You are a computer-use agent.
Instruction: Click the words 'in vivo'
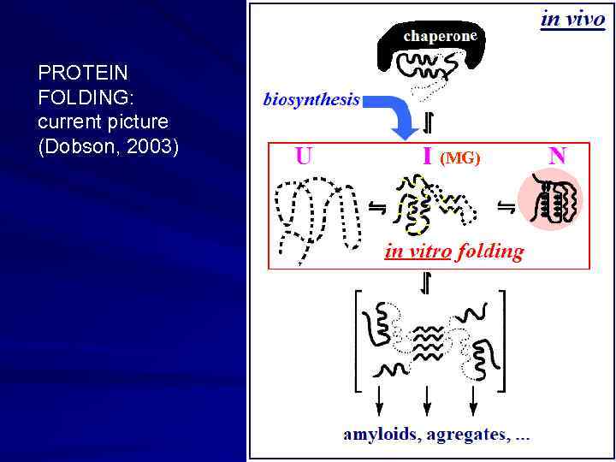(x=572, y=19)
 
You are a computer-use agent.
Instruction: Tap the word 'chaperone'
(x=439, y=36)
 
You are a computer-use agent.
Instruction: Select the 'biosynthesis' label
(x=311, y=99)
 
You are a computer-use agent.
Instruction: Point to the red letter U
(x=303, y=157)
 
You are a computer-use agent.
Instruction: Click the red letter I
(x=426, y=157)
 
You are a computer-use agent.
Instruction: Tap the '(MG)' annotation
(x=460, y=158)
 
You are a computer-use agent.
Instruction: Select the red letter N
(x=557, y=157)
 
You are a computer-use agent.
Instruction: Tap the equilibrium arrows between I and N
(x=506, y=206)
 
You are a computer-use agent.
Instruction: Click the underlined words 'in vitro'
(x=418, y=252)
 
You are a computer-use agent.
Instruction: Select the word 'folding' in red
(x=490, y=252)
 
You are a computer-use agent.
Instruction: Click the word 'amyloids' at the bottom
(x=380, y=435)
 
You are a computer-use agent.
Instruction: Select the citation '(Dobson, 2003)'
(x=109, y=147)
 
